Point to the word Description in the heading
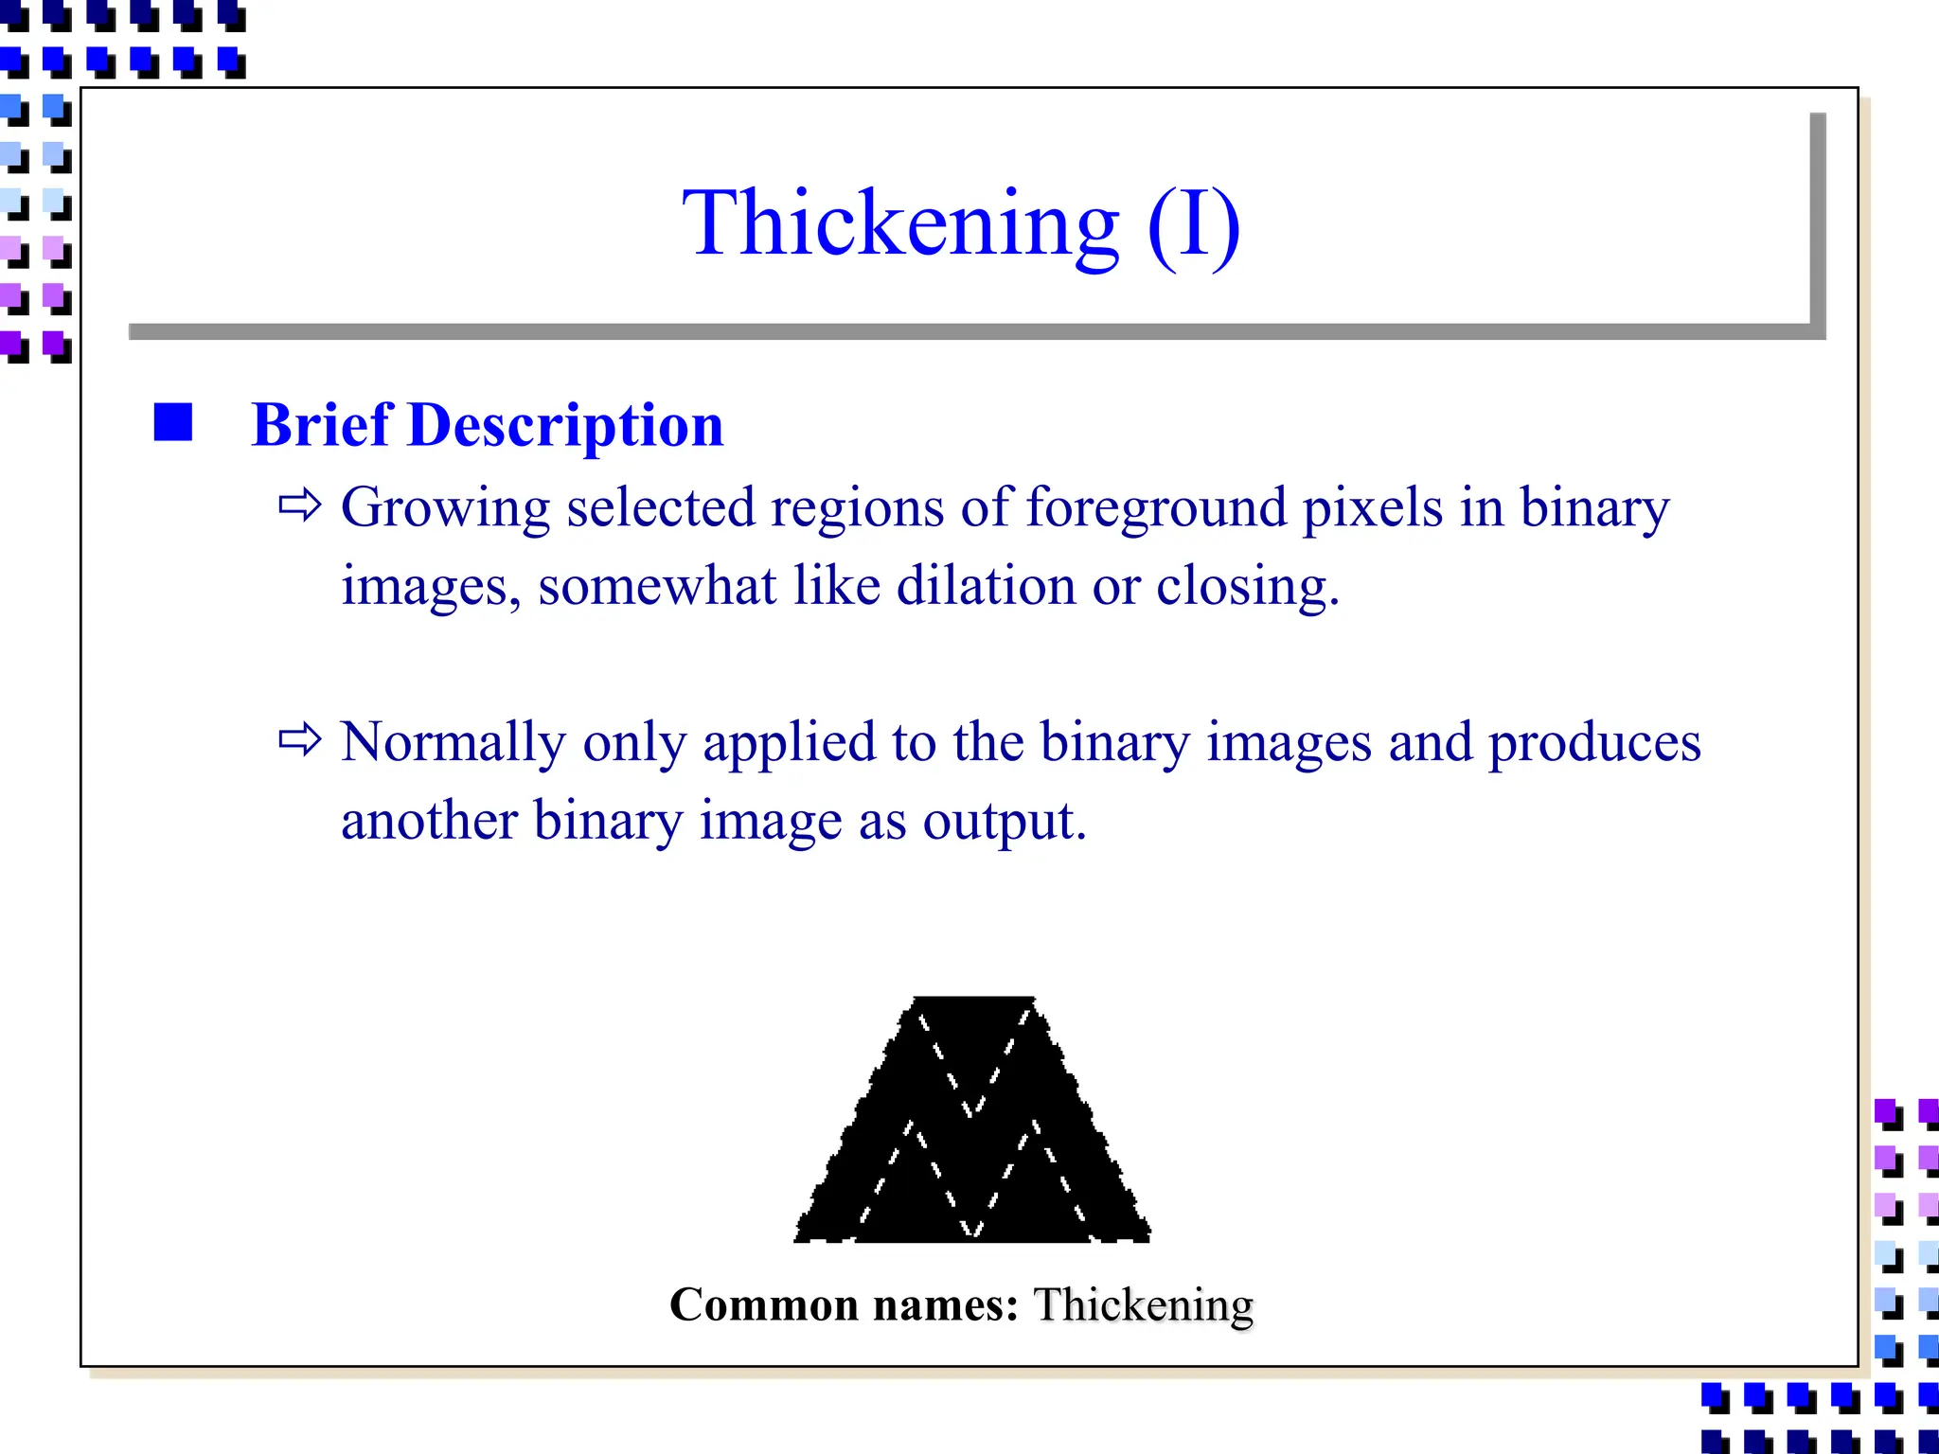pos(565,426)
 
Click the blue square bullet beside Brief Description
pos(173,422)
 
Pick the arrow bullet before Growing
pos(300,505)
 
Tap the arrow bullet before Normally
pos(300,739)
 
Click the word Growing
pos(445,508)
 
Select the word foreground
pos(1156,508)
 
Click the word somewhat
pos(657,586)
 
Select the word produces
pos(1594,743)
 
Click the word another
pos(429,821)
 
